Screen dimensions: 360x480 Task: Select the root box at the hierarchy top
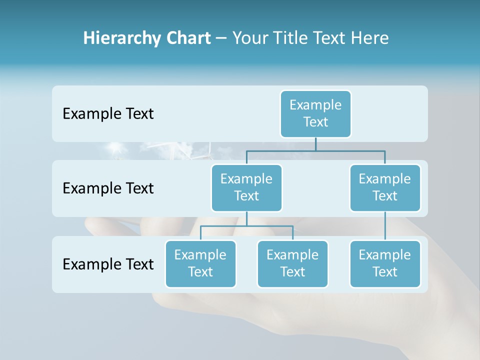[x=315, y=114]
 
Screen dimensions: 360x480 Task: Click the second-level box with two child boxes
[x=246, y=188]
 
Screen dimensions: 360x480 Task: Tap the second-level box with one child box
[x=385, y=188]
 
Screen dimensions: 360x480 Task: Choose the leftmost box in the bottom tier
[x=200, y=264]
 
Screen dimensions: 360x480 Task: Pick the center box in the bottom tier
[x=292, y=264]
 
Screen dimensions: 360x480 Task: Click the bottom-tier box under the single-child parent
[x=385, y=264]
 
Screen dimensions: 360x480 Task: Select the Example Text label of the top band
[x=108, y=114]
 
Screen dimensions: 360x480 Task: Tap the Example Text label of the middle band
[x=108, y=188]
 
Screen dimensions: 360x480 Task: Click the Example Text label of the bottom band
[x=108, y=264]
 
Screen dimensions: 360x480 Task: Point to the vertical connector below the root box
[x=315, y=144]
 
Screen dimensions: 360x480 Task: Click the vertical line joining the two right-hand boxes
[x=385, y=226]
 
